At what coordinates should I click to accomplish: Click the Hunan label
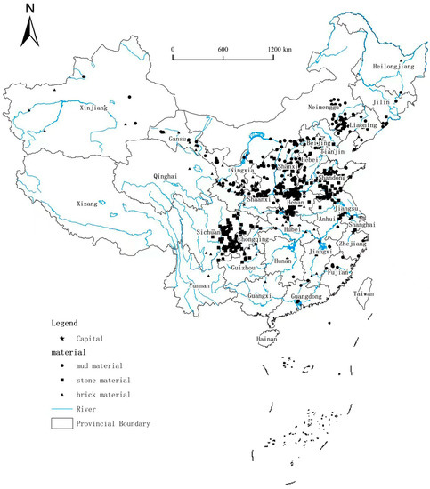(x=282, y=261)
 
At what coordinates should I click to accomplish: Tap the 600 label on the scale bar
(x=223, y=48)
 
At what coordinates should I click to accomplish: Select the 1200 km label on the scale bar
(x=279, y=48)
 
